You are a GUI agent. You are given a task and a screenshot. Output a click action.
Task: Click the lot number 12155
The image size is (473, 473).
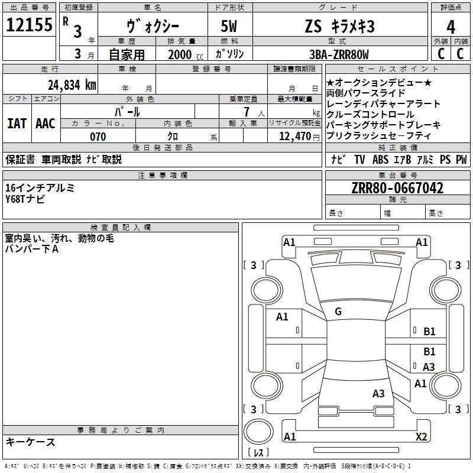[29, 25]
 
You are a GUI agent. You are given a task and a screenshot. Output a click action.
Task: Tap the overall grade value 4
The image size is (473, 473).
[451, 27]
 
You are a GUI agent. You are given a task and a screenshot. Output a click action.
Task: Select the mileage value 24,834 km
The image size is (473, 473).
[72, 85]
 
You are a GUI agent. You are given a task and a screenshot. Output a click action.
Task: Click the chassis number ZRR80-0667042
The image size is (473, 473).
[397, 188]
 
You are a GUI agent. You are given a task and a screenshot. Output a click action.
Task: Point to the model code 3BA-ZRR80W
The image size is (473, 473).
[339, 54]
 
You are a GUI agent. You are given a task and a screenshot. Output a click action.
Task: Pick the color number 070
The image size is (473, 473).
[98, 137]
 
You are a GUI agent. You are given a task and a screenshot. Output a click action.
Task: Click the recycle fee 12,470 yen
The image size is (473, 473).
[299, 137]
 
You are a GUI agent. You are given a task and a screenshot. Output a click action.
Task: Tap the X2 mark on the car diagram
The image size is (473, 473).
[421, 436]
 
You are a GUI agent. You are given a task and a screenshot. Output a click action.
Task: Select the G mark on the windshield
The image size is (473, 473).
[338, 312]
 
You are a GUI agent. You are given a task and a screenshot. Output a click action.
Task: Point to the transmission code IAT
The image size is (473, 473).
[17, 124]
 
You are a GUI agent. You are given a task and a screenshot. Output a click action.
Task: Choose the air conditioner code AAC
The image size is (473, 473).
[46, 124]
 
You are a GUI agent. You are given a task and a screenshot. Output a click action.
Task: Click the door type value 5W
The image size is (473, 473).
[229, 26]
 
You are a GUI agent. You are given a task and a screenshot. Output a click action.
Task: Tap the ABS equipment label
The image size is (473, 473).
[380, 159]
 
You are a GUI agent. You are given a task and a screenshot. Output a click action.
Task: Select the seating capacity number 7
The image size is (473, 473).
[247, 112]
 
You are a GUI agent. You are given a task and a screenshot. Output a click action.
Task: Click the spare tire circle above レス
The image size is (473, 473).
[258, 431]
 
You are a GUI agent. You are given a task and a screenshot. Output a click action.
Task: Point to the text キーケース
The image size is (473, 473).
[30, 442]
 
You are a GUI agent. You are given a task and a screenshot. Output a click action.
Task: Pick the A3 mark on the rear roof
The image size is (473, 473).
[378, 393]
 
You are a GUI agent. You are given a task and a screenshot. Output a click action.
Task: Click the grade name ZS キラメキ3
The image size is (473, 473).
[340, 26]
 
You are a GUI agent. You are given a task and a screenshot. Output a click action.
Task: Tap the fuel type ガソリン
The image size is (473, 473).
[229, 54]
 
